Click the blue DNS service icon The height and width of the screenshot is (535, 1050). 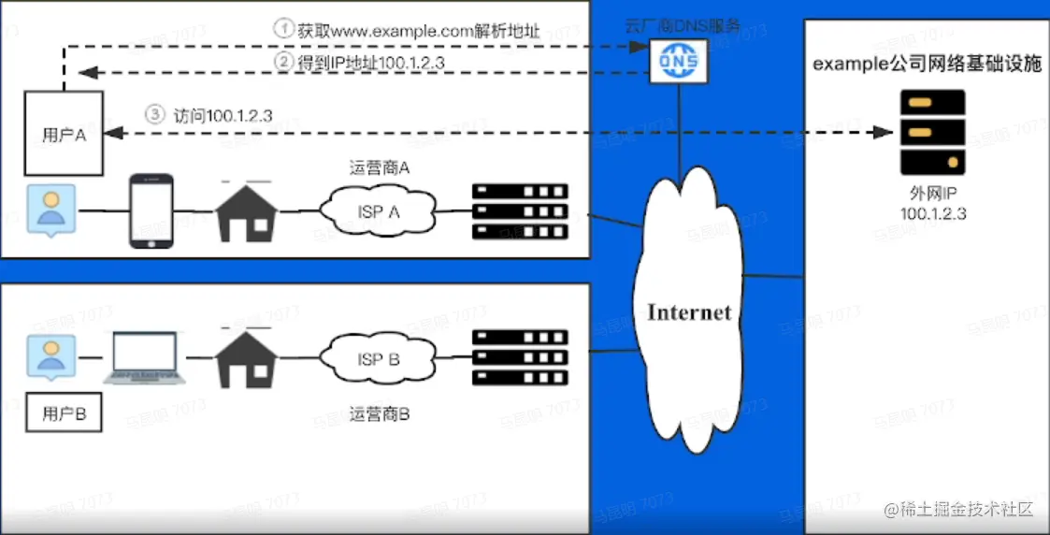tap(680, 63)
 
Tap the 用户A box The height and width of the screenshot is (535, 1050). tap(64, 133)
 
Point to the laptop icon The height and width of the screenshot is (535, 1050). tap(146, 359)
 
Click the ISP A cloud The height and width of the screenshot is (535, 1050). tap(379, 212)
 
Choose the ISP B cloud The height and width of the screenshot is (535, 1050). tap(379, 359)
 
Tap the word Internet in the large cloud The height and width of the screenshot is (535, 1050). tap(689, 312)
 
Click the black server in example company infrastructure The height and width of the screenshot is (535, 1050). tap(931, 132)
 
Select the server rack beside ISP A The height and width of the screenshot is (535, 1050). tap(521, 210)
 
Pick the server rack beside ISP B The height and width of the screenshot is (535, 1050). tap(521, 357)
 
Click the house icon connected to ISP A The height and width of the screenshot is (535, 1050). tap(247, 210)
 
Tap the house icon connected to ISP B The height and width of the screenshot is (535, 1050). tap(247, 357)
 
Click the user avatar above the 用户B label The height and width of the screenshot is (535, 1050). tap(49, 358)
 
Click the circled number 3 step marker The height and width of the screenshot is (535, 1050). tap(155, 115)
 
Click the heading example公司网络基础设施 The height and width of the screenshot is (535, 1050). tap(927, 65)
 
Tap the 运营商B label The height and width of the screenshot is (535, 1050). tap(380, 413)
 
